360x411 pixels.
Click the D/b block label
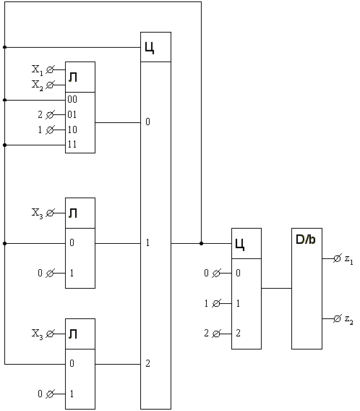(x=305, y=240)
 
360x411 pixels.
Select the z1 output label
(x=349, y=260)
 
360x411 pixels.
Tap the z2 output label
(x=349, y=320)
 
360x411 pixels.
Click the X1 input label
(x=37, y=70)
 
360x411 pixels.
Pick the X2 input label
(x=37, y=85)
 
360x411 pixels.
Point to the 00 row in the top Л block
(x=72, y=99)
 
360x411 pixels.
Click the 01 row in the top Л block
(x=72, y=114)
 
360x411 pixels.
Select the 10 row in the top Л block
(x=72, y=130)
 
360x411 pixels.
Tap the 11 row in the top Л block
(x=72, y=144)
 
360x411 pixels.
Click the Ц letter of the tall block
(x=150, y=48)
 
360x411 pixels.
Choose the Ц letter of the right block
(x=240, y=245)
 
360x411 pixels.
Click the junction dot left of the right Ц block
(x=201, y=244)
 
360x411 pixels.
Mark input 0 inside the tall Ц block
(x=147, y=122)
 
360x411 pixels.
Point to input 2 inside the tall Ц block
(x=147, y=363)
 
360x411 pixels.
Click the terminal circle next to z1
(x=337, y=259)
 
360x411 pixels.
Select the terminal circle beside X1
(x=50, y=69)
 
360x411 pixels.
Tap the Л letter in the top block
(x=73, y=77)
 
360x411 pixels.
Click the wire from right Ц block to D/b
(x=276, y=288)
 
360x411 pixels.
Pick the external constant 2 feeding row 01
(x=40, y=114)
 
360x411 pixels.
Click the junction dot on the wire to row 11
(x=5, y=145)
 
